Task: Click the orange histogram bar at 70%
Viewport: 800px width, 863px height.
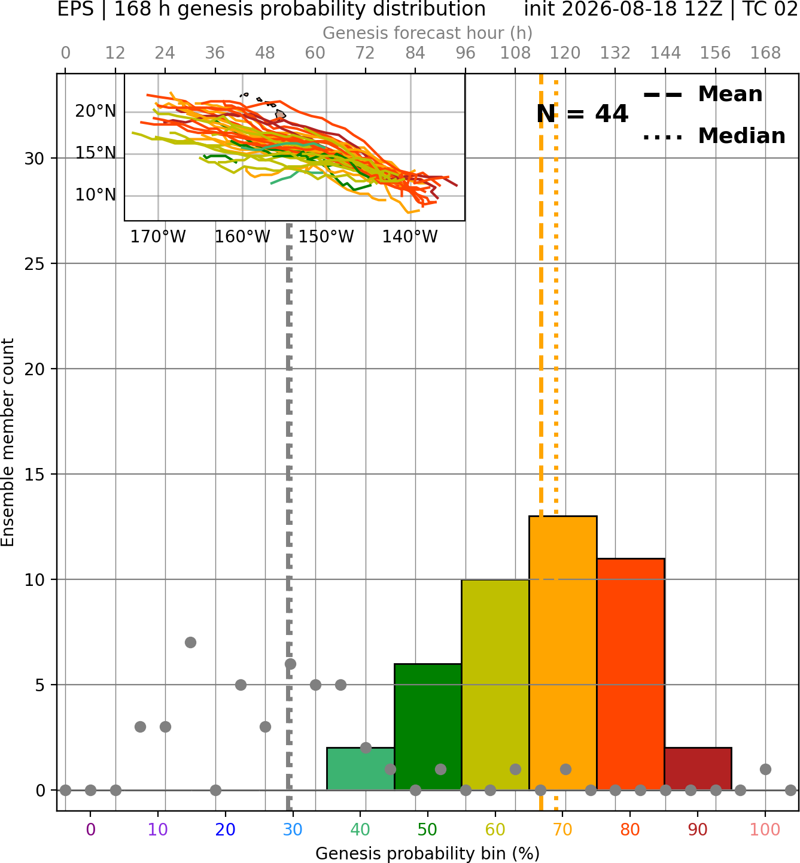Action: [562, 653]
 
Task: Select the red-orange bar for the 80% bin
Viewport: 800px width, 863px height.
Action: [631, 674]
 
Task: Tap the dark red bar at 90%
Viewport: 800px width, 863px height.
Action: [698, 768]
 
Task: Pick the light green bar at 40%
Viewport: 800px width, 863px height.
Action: [360, 768]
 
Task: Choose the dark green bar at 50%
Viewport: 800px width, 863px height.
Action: [428, 727]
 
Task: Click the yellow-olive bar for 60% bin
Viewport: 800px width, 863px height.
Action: [495, 685]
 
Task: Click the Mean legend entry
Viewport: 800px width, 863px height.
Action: [702, 95]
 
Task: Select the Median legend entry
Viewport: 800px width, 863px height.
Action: [714, 136]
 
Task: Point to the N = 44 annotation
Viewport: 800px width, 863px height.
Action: [582, 114]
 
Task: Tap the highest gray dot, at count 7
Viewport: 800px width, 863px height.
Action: [190, 642]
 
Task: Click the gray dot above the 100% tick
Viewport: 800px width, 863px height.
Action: [765, 769]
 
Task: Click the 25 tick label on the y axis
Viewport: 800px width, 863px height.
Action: [35, 264]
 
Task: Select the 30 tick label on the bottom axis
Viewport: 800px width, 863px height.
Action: [293, 829]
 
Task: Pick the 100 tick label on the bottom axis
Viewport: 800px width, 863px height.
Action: [765, 829]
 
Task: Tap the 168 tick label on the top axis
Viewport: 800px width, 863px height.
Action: [765, 53]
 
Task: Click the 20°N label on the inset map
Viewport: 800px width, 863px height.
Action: [96, 111]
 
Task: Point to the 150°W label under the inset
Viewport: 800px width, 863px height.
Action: [326, 237]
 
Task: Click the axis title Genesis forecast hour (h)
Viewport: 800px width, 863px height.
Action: [428, 33]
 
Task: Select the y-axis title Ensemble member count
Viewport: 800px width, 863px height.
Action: [8, 442]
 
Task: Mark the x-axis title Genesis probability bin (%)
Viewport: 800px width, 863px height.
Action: [428, 853]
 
